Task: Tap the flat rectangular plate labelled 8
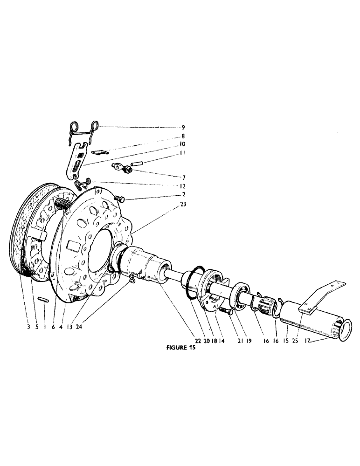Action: click(x=99, y=151)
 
